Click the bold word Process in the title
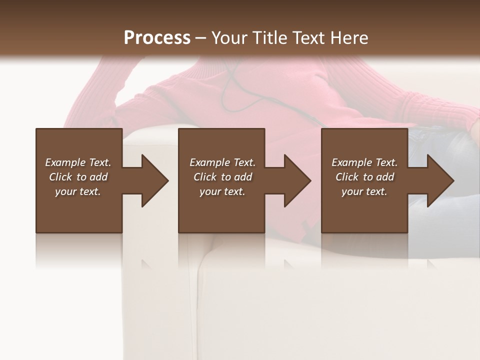(x=157, y=38)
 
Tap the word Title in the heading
(x=268, y=38)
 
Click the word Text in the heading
(x=308, y=38)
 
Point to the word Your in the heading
(x=229, y=38)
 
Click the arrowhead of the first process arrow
(x=155, y=180)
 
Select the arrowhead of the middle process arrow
(x=297, y=180)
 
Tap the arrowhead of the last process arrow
(x=440, y=180)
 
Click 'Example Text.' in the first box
(x=78, y=162)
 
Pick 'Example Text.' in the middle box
(x=222, y=162)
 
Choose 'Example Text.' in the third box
(x=364, y=162)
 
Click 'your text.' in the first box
(x=78, y=191)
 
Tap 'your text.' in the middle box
(x=222, y=191)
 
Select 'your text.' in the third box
(x=364, y=191)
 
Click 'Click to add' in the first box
(x=78, y=177)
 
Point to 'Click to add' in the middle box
(x=222, y=177)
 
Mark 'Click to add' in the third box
(x=364, y=177)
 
